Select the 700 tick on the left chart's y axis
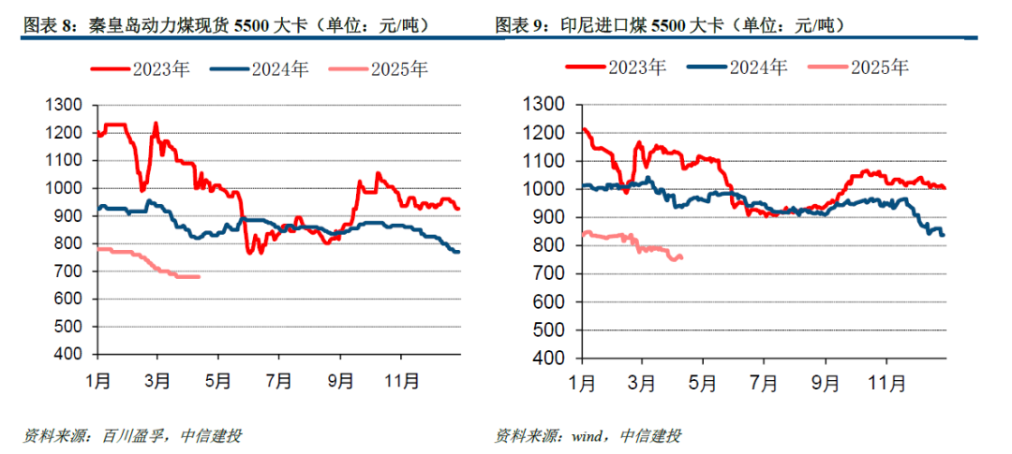pos(67,272)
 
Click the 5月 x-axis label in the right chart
pos(704,384)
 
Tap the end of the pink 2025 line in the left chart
pos(199,276)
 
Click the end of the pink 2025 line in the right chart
pos(680,257)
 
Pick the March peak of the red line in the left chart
pos(156,124)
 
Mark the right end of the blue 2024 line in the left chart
pos(458,252)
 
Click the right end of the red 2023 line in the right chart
pos(944,188)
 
